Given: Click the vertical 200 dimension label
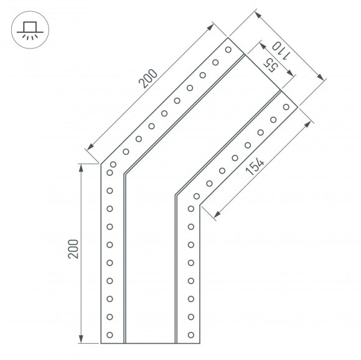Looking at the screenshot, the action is pos(73,249).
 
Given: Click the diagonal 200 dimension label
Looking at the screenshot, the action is pos(148,79).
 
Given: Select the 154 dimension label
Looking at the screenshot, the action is pos(255,166).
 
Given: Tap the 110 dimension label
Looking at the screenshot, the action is pos(281,51).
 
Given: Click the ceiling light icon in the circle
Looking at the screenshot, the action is pos(30,30).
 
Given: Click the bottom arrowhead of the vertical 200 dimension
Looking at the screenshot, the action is pos(81,339).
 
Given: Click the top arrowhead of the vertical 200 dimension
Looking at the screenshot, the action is pos(81,168).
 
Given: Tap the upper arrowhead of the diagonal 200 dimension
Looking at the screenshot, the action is pos(210,27).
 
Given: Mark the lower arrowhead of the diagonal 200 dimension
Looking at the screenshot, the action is pos(90,147).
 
